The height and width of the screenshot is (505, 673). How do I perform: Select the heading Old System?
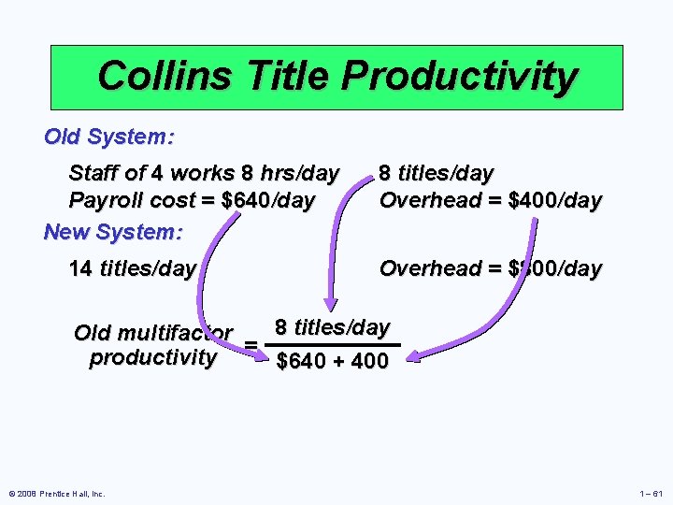click(108, 137)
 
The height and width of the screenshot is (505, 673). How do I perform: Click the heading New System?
click(113, 231)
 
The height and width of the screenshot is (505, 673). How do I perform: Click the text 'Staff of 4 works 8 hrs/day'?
click(204, 173)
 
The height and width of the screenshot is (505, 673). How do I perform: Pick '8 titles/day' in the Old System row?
click(436, 173)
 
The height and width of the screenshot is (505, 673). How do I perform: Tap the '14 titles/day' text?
click(133, 269)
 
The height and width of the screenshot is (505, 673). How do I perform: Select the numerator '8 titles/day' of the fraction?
click(331, 327)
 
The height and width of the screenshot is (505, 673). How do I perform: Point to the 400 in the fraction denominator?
click(370, 361)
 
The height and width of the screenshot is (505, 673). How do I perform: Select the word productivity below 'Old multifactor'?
click(152, 358)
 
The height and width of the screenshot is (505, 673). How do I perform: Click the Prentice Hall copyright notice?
click(56, 493)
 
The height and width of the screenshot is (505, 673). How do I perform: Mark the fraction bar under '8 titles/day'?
click(333, 345)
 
